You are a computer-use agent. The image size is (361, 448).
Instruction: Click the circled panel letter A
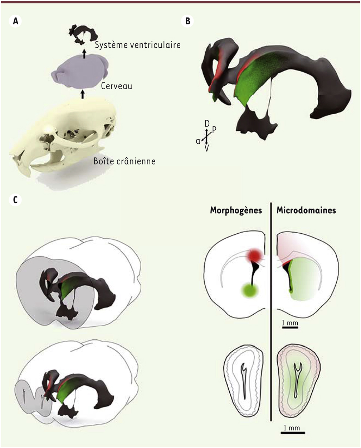pos(15,21)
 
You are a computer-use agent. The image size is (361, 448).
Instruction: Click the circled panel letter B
pos(187,21)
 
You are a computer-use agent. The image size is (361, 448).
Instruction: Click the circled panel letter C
pos(15,200)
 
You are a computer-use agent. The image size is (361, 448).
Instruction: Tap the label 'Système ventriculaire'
pos(138,45)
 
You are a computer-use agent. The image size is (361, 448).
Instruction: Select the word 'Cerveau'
pos(117,86)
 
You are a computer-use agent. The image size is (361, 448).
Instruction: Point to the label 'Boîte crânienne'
pos(125,161)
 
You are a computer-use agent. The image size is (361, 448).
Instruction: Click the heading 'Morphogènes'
pos(236,210)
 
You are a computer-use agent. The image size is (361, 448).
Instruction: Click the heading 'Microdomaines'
pos(306,210)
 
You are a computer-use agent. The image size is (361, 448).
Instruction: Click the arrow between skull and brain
pos(83,94)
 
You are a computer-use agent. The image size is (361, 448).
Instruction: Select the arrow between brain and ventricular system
pos(84,54)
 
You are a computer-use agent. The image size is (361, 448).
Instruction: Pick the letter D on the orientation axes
pos(207,124)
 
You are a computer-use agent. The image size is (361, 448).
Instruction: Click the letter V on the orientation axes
pos(207,149)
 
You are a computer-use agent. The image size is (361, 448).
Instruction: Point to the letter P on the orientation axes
pos(214,130)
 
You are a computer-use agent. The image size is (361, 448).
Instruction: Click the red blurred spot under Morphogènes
pos(255,256)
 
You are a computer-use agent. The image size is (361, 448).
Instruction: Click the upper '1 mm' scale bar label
pos(290,323)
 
